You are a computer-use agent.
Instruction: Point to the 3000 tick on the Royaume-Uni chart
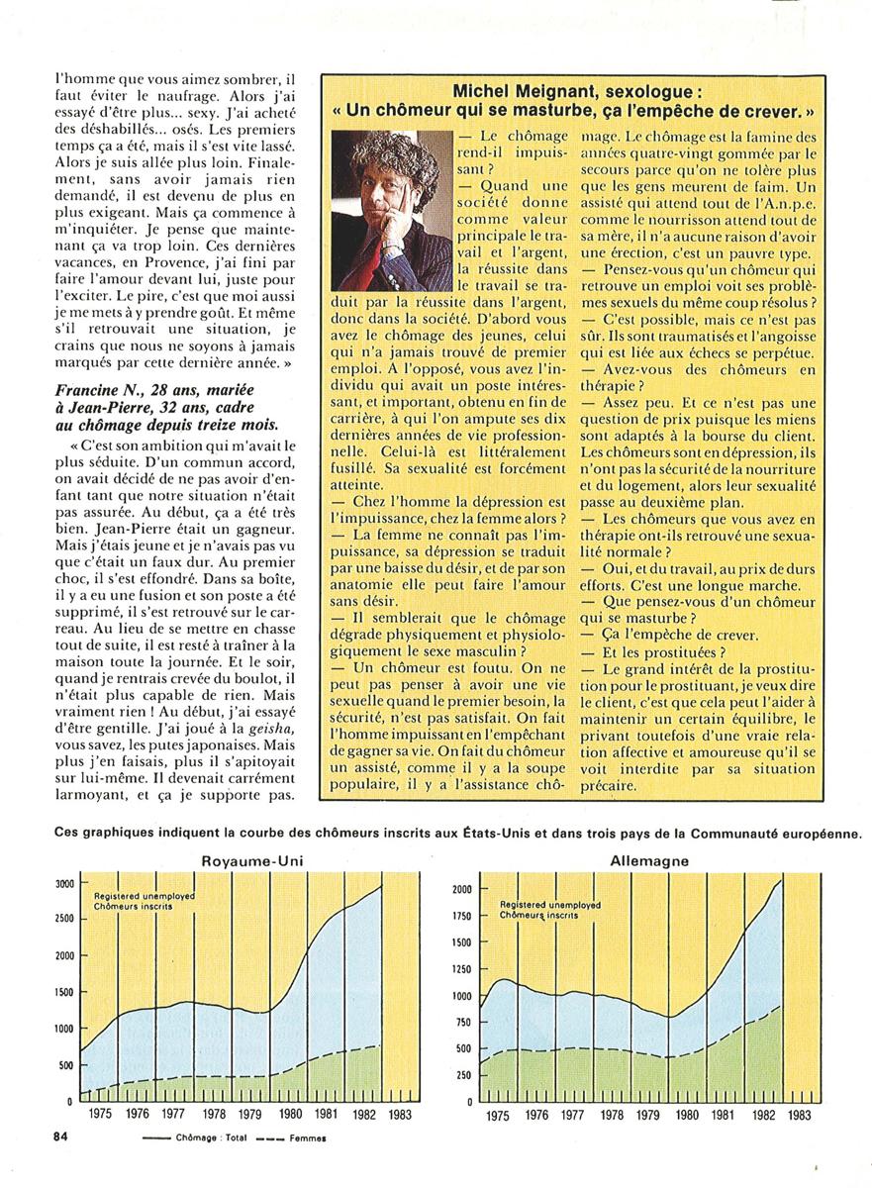click(62, 883)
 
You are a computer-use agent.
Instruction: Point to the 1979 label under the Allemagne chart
click(648, 1115)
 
